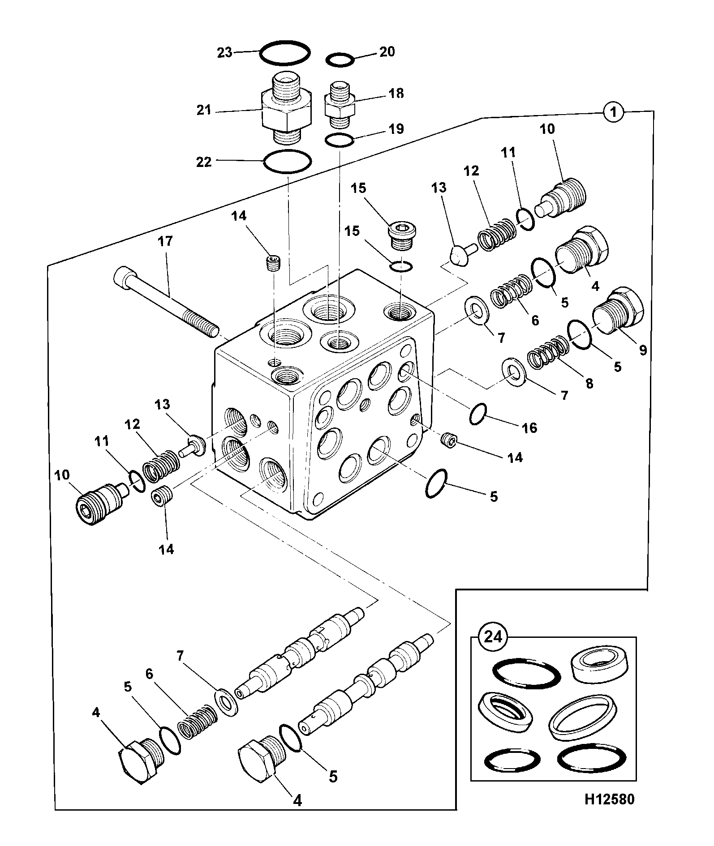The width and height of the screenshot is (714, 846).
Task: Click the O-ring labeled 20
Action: pyautogui.click(x=340, y=60)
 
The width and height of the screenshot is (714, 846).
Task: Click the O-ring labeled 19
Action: pyautogui.click(x=340, y=140)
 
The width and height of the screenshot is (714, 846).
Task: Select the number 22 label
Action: pyautogui.click(x=204, y=162)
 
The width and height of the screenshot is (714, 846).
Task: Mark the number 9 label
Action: pyautogui.click(x=643, y=350)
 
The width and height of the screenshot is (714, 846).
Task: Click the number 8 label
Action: pyautogui.click(x=589, y=383)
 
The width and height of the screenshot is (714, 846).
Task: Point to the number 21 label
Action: pyautogui.click(x=204, y=110)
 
